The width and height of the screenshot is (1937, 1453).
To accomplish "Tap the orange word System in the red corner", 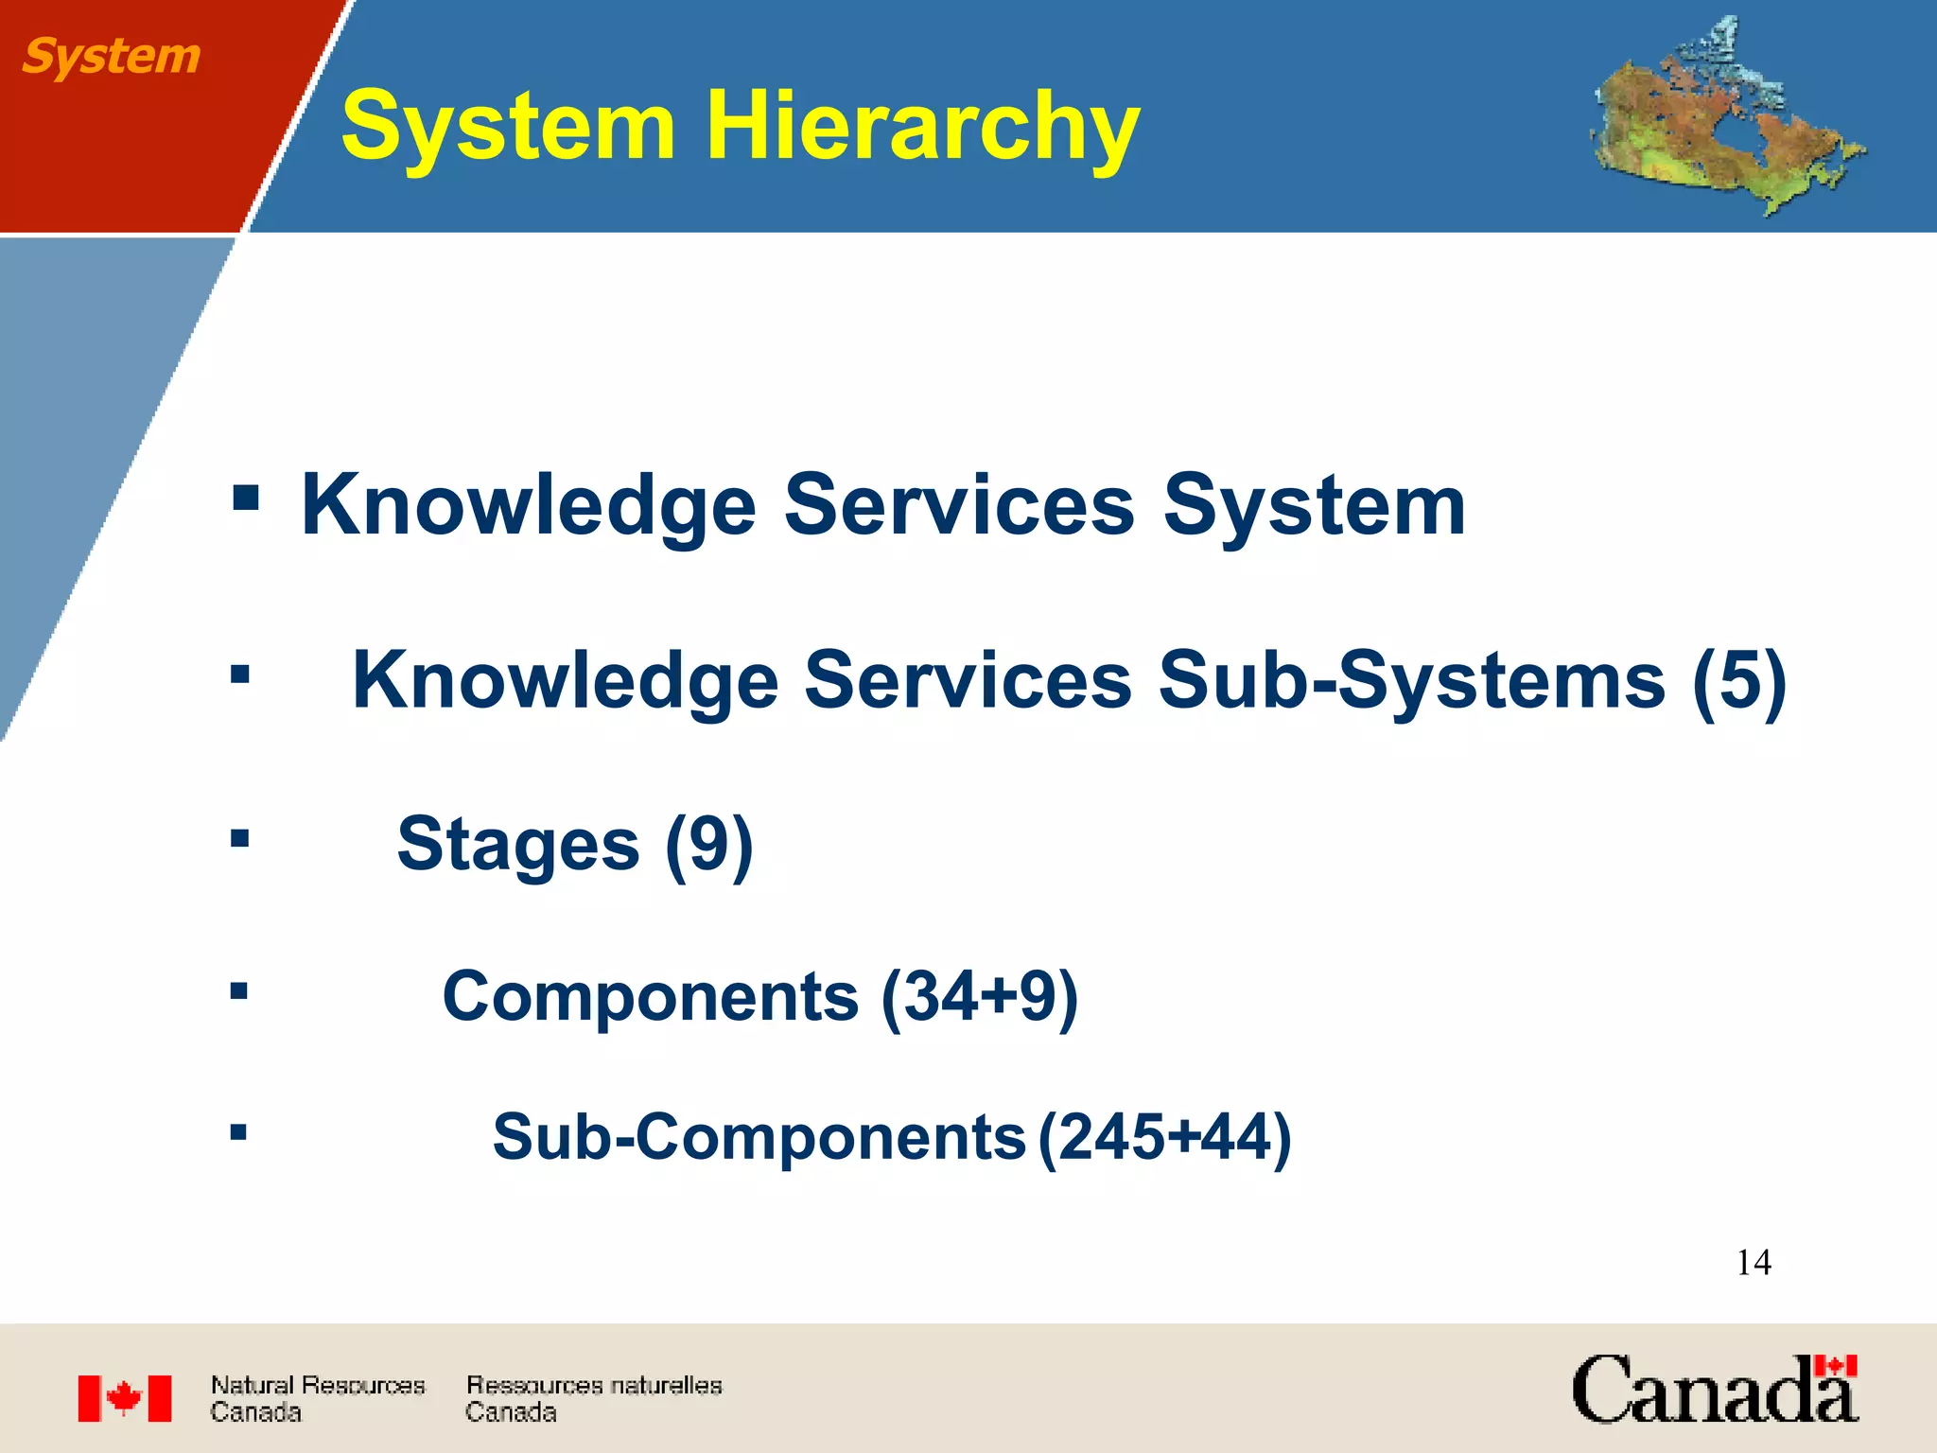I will tap(111, 56).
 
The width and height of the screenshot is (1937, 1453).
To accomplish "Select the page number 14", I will tap(1754, 1262).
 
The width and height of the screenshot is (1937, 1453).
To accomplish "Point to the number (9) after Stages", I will tap(709, 844).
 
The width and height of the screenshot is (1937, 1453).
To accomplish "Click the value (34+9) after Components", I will tap(979, 996).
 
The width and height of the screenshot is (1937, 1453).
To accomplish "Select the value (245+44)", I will tap(1164, 1136).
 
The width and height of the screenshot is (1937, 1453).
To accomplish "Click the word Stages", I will tap(518, 844).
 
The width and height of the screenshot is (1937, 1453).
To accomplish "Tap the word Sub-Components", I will tap(759, 1136).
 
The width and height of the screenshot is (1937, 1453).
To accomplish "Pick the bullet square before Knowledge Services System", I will tap(245, 498).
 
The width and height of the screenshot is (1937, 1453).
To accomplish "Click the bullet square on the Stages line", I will tap(240, 838).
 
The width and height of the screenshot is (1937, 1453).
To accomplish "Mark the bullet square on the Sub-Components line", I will tap(238, 1131).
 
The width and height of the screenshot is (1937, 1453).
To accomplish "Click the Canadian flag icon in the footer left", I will tap(125, 1398).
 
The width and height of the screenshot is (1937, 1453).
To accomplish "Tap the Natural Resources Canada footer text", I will tap(317, 1398).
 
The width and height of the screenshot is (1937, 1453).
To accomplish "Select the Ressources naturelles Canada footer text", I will tap(593, 1398).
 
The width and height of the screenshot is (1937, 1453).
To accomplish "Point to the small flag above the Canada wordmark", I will tap(1836, 1366).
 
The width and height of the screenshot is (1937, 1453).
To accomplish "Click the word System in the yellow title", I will tap(508, 126).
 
